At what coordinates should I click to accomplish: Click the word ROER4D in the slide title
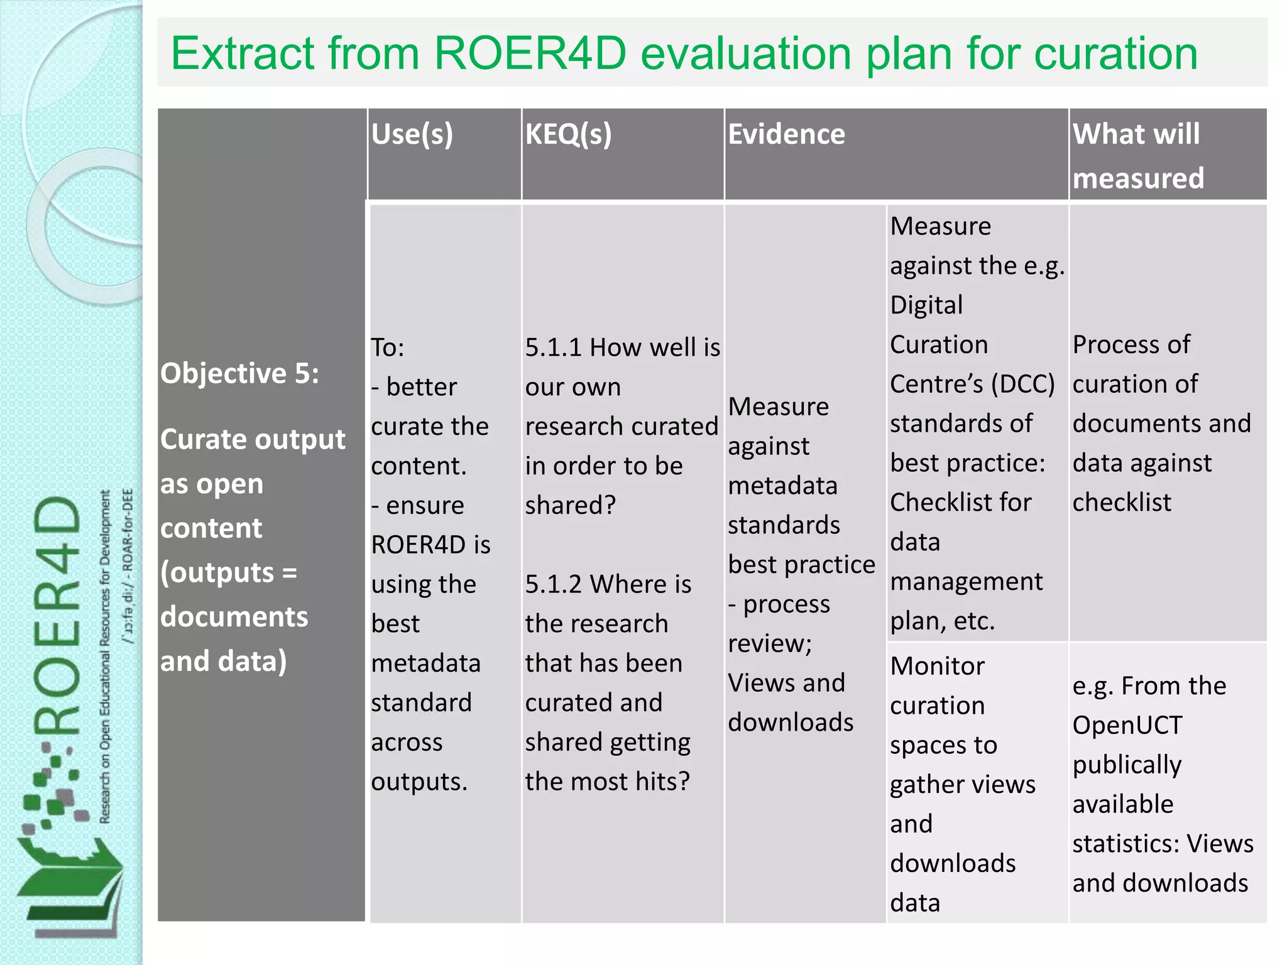click(x=530, y=54)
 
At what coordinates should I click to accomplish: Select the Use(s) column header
click(x=412, y=134)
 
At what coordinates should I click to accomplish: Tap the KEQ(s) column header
click(x=568, y=134)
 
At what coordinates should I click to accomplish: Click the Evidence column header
click(x=786, y=134)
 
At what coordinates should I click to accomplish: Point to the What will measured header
click(x=1137, y=156)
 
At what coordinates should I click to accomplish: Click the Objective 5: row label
click(x=239, y=373)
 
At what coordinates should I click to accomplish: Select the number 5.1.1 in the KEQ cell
click(x=553, y=347)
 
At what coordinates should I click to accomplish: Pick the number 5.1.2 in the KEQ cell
click(x=553, y=584)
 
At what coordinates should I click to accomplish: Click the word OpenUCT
click(x=1127, y=726)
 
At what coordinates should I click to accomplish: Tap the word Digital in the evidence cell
click(x=926, y=305)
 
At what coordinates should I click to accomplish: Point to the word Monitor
click(x=937, y=667)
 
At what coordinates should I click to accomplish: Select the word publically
click(x=1127, y=765)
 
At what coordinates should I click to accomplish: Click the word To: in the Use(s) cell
click(x=388, y=347)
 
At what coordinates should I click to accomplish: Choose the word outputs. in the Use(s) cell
click(x=419, y=782)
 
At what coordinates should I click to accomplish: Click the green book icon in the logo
click(x=69, y=880)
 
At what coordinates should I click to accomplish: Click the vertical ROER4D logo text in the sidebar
click(x=58, y=616)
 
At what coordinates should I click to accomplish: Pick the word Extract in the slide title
click(x=243, y=54)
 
